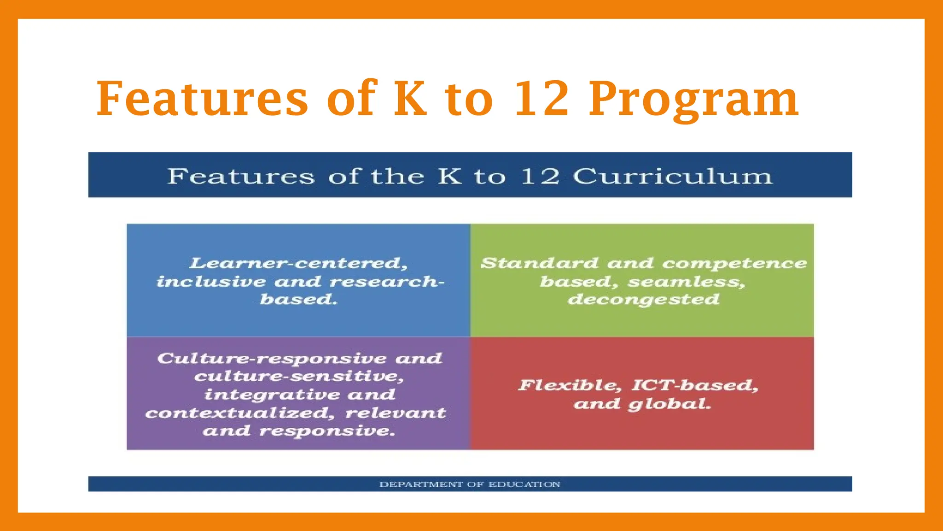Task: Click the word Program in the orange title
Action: (x=693, y=99)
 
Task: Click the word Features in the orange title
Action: (x=202, y=99)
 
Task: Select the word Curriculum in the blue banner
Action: (x=672, y=177)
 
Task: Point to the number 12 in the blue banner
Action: (x=540, y=177)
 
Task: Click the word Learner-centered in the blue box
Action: (x=298, y=263)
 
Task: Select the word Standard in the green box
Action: (x=539, y=263)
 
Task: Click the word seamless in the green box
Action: (x=686, y=282)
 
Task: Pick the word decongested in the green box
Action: (x=643, y=300)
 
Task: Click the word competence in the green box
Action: (x=734, y=263)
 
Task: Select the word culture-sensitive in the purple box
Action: (x=298, y=377)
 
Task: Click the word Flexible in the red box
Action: (x=570, y=385)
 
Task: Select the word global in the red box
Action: (x=669, y=404)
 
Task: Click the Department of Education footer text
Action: (x=470, y=484)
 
